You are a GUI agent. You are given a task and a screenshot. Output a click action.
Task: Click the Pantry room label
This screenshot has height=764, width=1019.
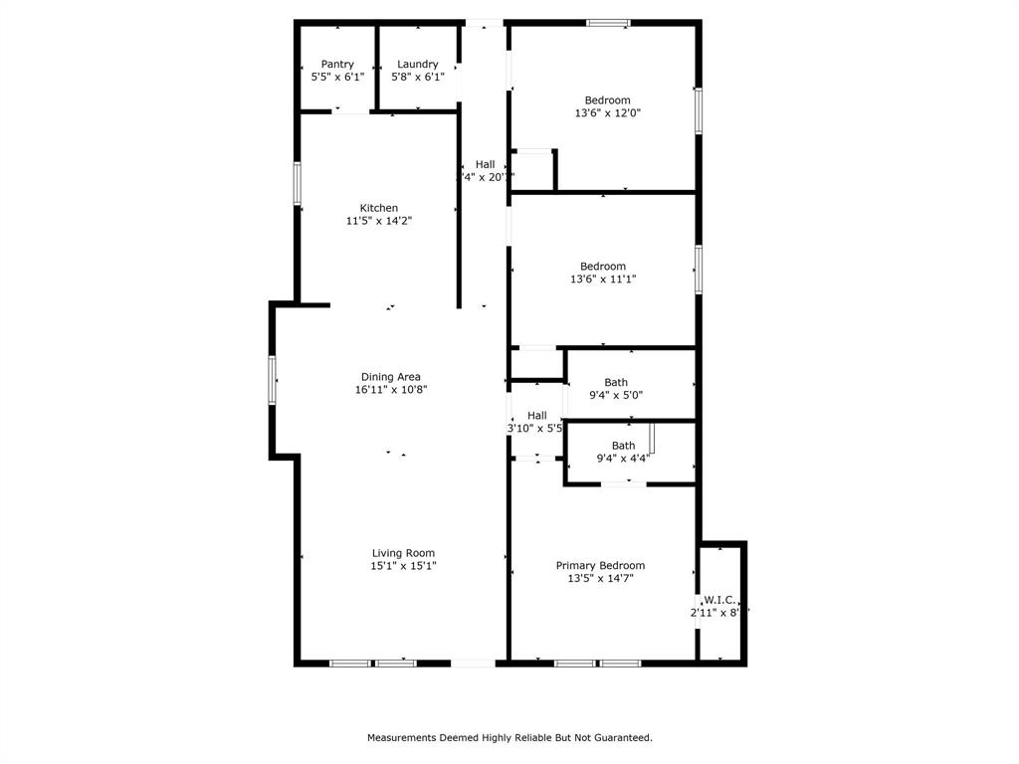click(337, 64)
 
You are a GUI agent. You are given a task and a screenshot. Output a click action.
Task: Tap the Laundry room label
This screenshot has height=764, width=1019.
click(417, 64)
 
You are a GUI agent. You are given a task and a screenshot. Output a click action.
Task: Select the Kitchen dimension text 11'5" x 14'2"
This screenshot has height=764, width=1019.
click(379, 221)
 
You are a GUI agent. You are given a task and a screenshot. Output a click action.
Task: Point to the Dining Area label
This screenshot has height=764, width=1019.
click(390, 377)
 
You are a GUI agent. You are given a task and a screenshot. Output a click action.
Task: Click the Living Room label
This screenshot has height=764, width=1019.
click(403, 553)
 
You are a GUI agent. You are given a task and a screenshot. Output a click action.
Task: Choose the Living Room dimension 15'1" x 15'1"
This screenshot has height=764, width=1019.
click(403, 566)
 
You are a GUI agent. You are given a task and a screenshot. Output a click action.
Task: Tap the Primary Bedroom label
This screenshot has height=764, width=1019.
click(600, 565)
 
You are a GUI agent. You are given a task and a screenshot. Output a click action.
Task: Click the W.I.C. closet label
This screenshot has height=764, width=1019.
click(719, 600)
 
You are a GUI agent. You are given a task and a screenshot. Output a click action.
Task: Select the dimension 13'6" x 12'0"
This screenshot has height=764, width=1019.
click(607, 113)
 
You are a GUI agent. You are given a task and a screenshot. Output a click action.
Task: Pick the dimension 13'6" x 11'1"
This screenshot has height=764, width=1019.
click(603, 280)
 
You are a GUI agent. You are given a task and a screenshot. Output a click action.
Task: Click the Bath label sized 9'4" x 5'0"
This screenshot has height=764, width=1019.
click(616, 382)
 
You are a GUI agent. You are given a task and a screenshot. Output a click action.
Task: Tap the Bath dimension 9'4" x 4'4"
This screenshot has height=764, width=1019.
click(623, 459)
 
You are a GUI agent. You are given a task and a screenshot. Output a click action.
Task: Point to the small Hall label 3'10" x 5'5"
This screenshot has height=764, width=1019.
click(536, 416)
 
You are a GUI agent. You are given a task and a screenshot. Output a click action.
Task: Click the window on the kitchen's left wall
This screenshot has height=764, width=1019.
click(297, 184)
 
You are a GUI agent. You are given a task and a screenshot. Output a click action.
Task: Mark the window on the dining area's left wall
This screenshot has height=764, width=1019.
click(273, 380)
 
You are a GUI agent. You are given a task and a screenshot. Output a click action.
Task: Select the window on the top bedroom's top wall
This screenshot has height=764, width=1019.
click(607, 22)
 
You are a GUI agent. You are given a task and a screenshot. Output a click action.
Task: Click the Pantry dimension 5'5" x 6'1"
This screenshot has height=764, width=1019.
click(337, 77)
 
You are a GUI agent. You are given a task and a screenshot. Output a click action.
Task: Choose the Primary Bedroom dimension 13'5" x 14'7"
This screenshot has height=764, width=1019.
click(600, 578)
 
